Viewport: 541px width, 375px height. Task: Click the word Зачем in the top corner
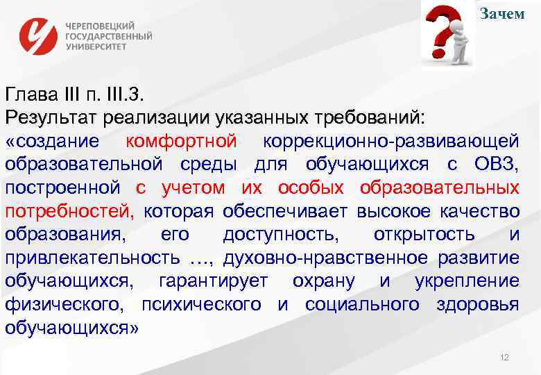coord(503,14)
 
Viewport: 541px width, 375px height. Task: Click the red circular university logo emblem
coord(40,35)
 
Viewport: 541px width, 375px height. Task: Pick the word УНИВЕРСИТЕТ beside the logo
coord(96,47)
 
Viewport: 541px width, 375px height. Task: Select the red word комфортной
coord(182,141)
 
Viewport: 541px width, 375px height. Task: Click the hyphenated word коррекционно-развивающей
coord(390,141)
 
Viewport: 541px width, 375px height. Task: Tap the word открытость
coord(424,235)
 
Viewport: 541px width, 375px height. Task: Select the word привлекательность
coord(91,258)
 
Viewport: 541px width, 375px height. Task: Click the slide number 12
coord(504,357)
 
